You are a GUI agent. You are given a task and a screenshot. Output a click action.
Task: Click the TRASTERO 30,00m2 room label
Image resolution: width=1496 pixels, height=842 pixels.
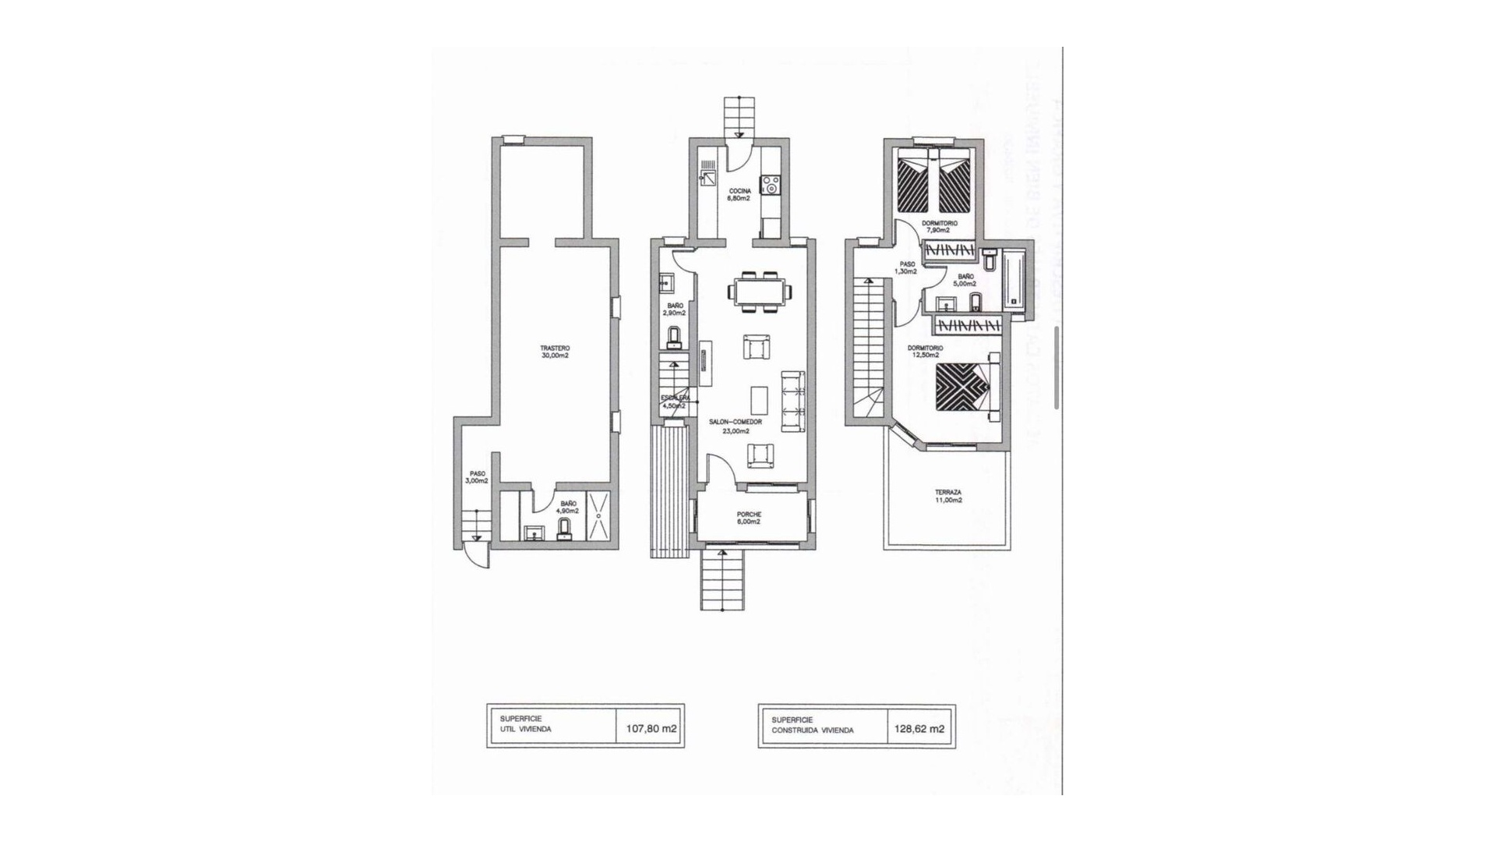[555, 352]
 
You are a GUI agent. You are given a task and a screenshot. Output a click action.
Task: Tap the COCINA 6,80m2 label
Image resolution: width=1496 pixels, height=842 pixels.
[739, 194]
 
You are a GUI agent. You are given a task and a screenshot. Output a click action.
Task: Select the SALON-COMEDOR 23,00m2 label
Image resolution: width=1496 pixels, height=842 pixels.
[735, 426]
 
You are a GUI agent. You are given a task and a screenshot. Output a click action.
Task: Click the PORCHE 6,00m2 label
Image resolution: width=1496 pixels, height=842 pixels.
[748, 518]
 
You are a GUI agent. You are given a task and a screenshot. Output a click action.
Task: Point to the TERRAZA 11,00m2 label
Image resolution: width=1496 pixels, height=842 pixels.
[948, 496]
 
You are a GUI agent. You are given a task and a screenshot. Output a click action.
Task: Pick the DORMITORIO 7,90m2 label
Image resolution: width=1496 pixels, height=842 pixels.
[939, 226]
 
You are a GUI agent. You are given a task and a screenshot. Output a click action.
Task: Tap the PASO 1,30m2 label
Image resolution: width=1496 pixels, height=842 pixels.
[906, 267]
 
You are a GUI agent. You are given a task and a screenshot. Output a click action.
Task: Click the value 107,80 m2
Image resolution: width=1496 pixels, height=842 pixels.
[651, 729]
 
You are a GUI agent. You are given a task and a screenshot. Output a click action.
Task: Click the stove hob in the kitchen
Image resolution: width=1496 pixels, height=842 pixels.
[771, 186]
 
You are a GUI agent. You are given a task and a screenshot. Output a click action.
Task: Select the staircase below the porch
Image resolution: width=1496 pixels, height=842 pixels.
[722, 579]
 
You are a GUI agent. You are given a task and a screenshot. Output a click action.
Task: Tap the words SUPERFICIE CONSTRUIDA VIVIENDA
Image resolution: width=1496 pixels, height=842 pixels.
[812, 725]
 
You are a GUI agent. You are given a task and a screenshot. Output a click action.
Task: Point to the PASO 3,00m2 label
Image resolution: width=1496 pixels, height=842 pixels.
[477, 476]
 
